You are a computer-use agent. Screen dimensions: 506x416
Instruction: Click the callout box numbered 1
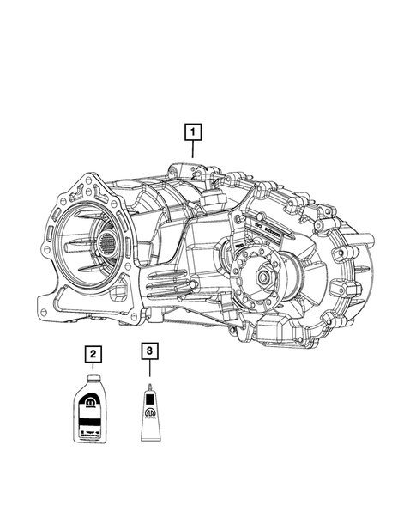click(194, 132)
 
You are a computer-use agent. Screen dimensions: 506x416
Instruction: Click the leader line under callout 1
click(194, 149)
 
